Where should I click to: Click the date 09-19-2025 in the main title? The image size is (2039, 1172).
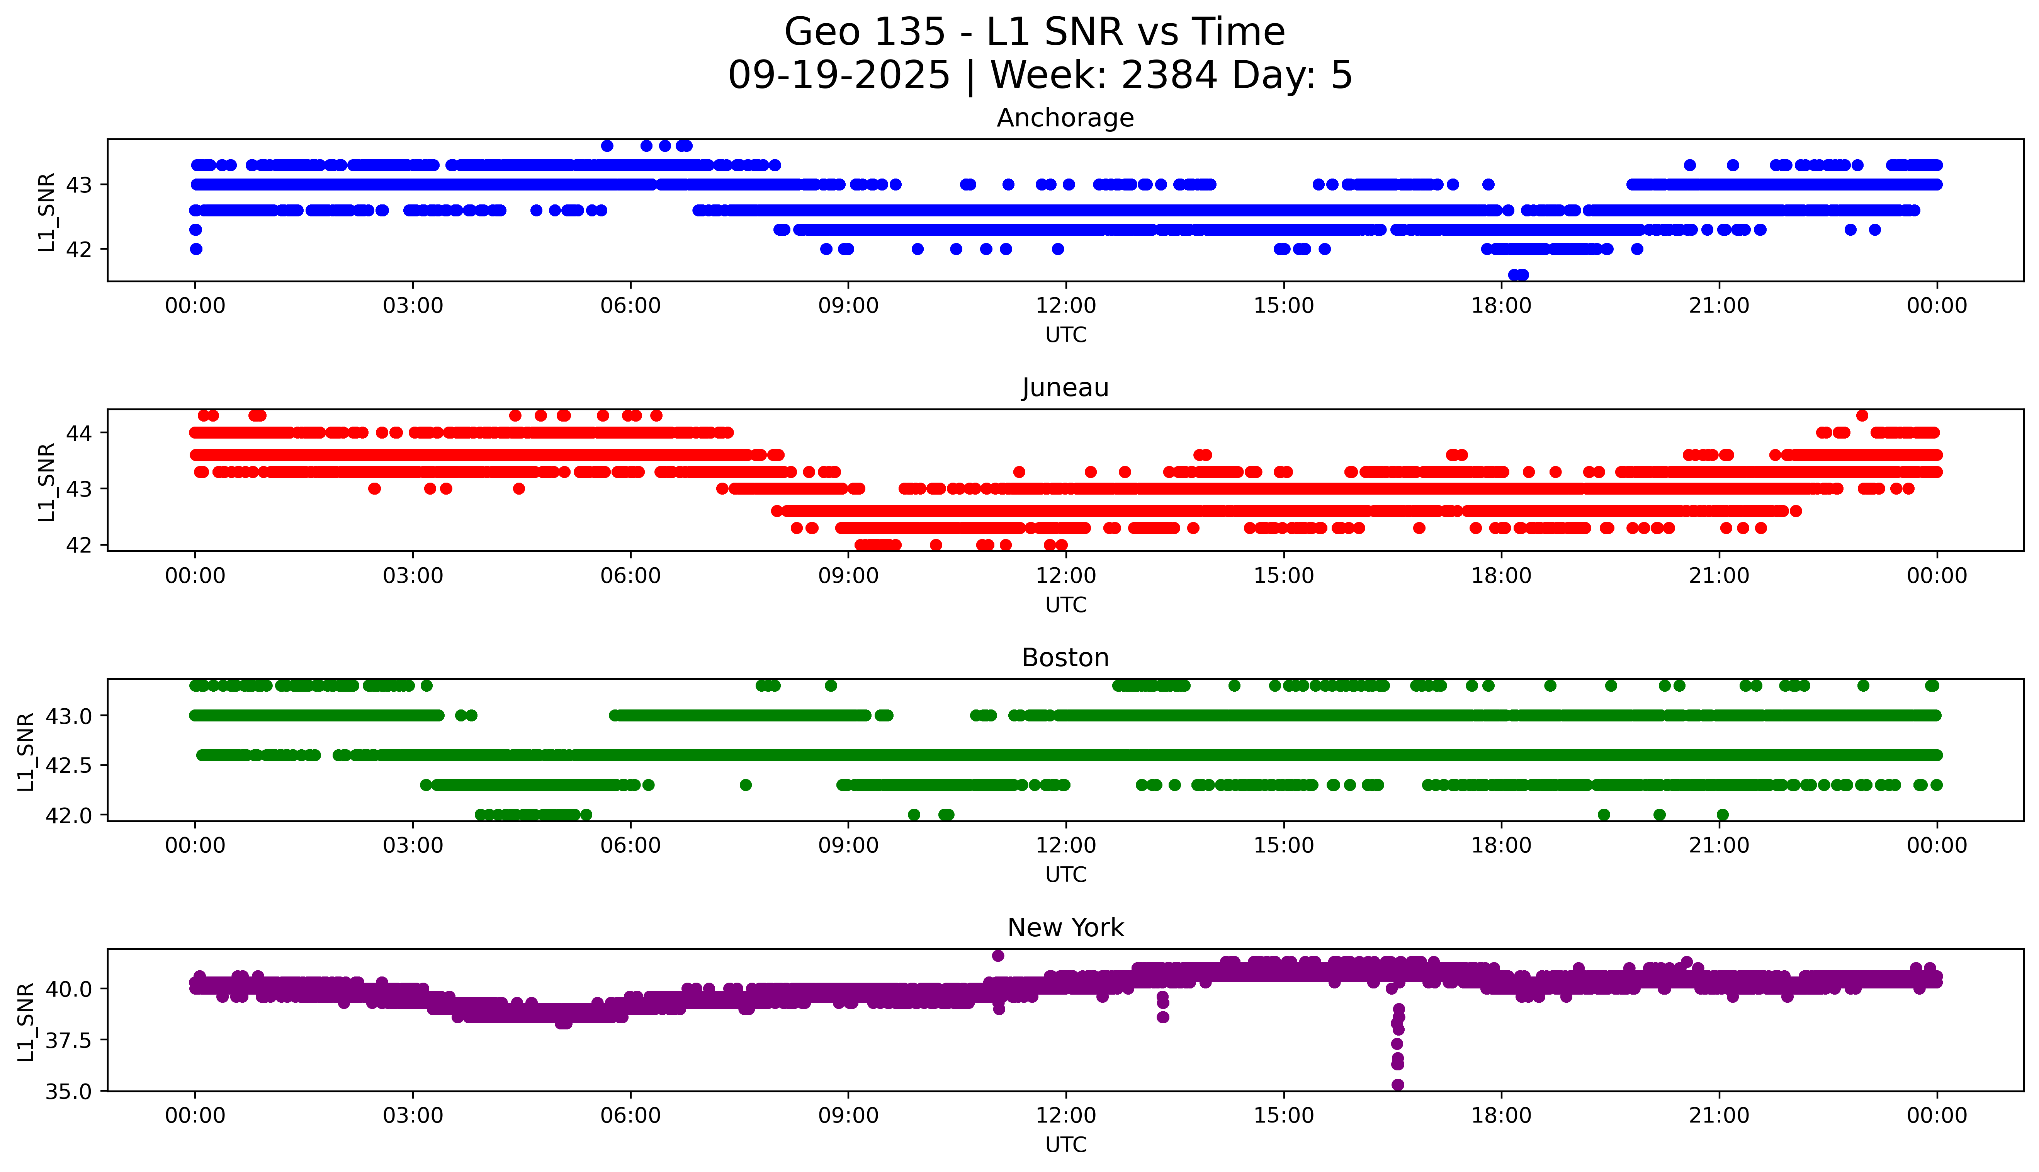(838, 76)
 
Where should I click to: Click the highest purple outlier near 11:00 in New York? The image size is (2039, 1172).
(998, 956)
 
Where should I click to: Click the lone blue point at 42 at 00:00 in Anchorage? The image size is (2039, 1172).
(195, 249)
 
